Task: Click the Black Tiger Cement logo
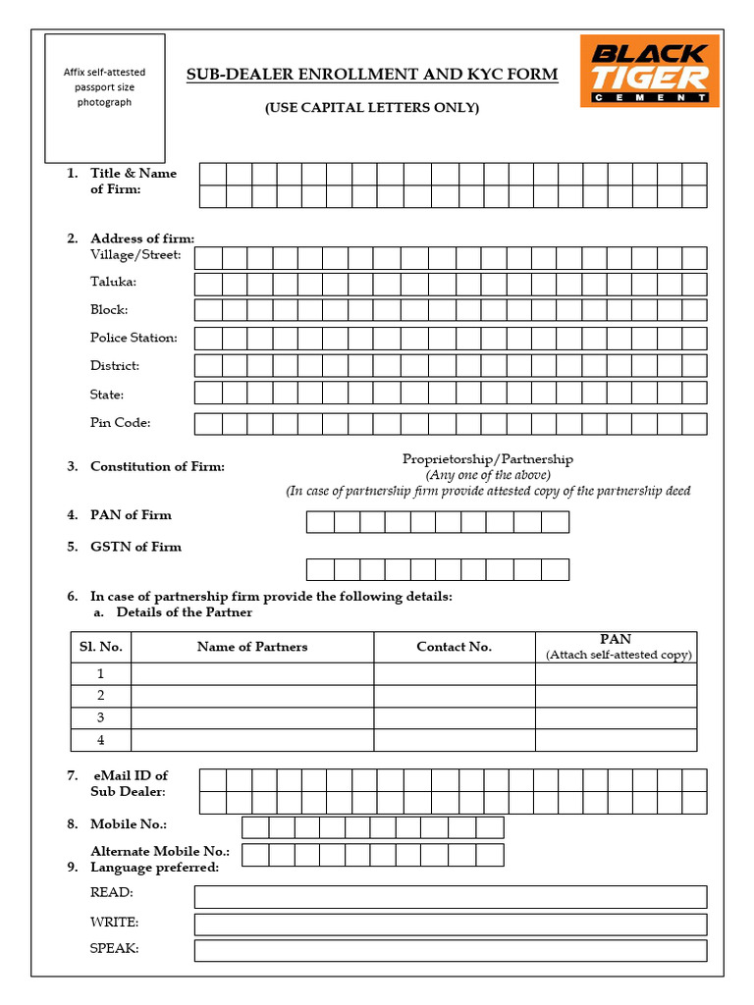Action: point(649,70)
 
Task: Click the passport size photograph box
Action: point(104,97)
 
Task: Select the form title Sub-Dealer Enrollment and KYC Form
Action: point(372,75)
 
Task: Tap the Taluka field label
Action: point(114,282)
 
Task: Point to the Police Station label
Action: point(134,338)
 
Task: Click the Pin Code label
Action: point(121,423)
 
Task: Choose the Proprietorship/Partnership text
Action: point(488,458)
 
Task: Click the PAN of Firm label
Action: point(131,514)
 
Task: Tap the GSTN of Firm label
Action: point(135,547)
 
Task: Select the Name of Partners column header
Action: point(252,647)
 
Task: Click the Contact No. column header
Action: point(455,647)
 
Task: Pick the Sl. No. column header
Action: point(100,647)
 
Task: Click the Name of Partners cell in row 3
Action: point(252,717)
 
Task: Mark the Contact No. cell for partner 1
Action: point(455,673)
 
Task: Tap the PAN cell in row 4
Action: point(616,740)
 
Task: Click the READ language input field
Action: point(450,896)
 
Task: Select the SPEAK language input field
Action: point(450,950)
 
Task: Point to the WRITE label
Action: point(114,923)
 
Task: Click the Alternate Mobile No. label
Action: point(160,852)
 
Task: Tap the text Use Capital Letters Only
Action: point(372,108)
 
